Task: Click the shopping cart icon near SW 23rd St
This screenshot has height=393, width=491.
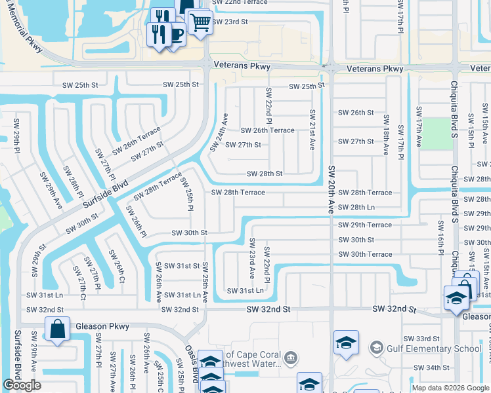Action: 200,23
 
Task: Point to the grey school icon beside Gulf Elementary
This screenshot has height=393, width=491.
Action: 376,346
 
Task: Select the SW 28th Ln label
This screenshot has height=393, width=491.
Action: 370,208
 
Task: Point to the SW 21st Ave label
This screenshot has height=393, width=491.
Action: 312,129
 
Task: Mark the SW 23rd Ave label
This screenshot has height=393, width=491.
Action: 251,258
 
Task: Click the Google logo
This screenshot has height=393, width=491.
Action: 22,385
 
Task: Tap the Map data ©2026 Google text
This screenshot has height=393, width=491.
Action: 450,388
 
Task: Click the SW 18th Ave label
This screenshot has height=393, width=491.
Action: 386,135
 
